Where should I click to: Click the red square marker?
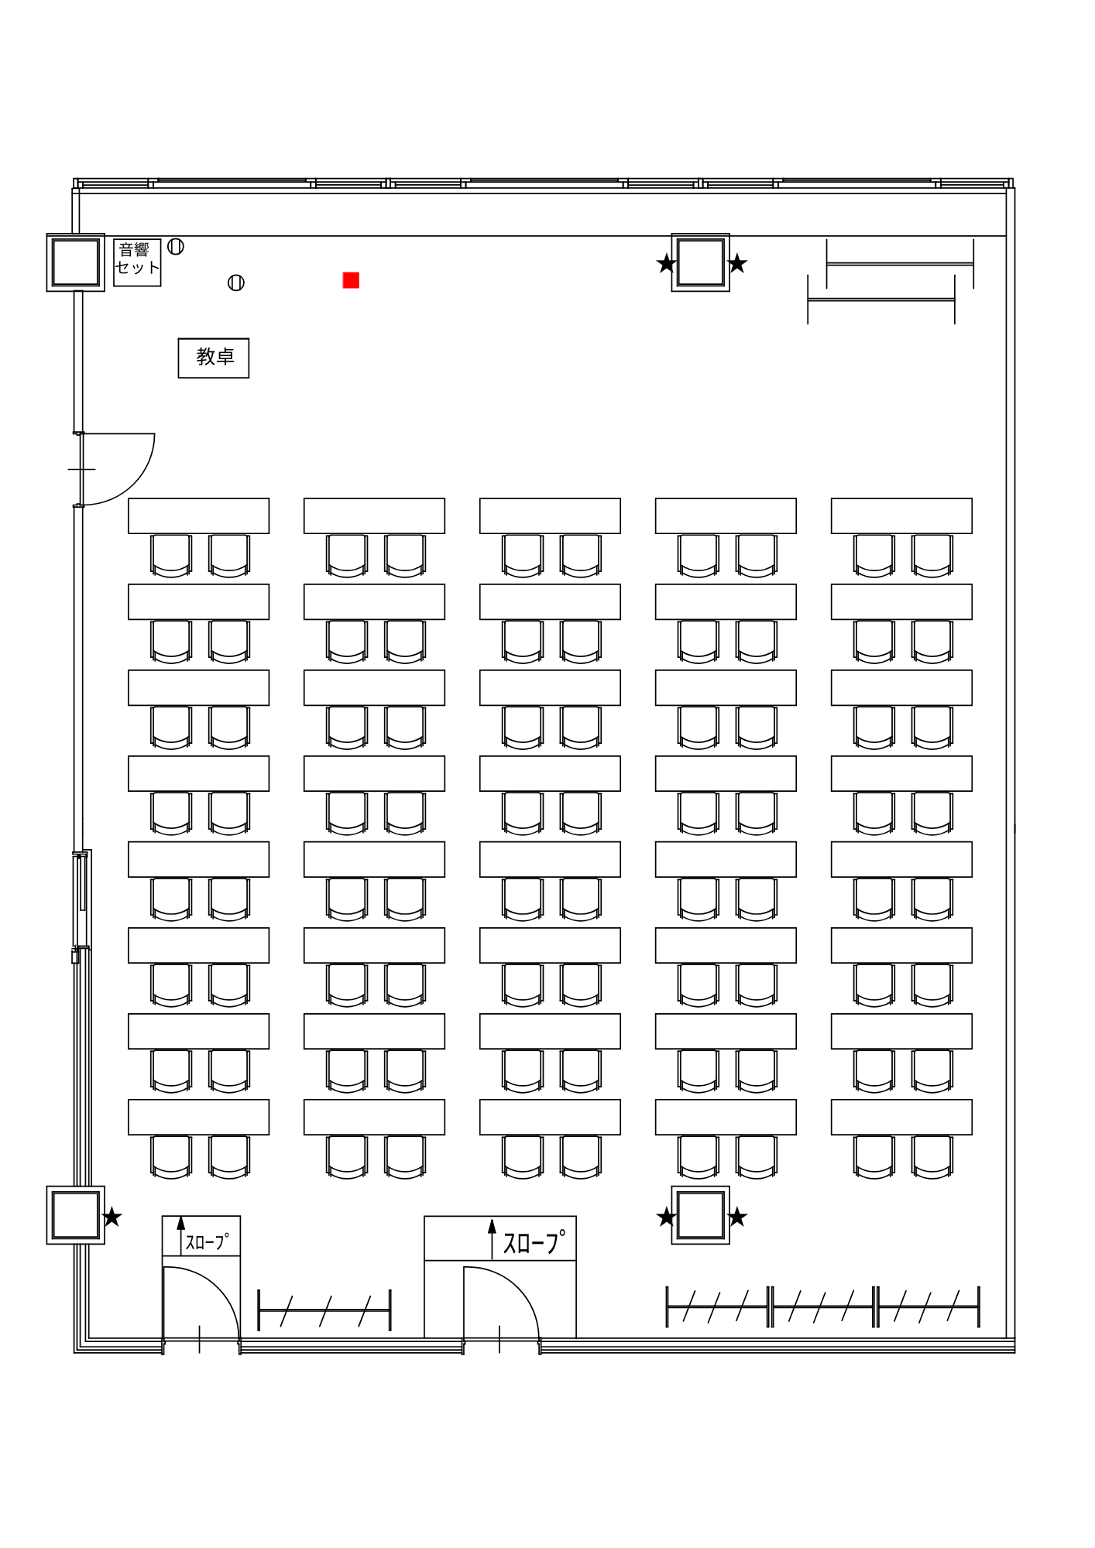pos(351,280)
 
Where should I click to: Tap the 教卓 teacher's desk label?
pos(214,358)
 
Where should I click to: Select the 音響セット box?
pos(137,262)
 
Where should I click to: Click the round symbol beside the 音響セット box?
pos(176,247)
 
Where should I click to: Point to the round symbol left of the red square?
pos(236,283)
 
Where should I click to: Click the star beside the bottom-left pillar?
pos(112,1218)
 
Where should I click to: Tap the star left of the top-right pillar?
pos(667,264)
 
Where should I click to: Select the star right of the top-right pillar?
pos(737,264)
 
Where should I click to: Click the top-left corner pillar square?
pos(75,262)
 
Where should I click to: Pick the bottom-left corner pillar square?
pos(75,1215)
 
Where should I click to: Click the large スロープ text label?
pos(534,1242)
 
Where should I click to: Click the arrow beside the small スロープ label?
pos(181,1235)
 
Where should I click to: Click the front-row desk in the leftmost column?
pos(198,515)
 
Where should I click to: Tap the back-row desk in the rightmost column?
pos(901,1117)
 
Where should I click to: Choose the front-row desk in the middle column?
pos(550,515)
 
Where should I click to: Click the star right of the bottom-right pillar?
pos(737,1218)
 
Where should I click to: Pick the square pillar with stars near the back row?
pos(700,1215)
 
